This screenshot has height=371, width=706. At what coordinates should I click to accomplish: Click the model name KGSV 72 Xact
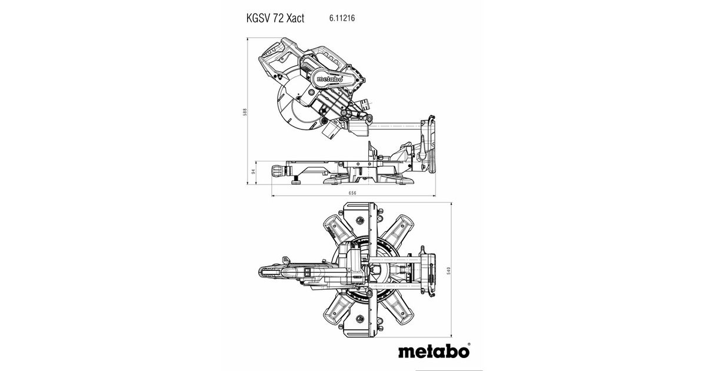[x=275, y=18]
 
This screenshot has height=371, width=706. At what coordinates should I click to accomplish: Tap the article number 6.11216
[x=342, y=18]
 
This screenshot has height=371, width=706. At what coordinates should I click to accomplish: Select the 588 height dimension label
[x=245, y=112]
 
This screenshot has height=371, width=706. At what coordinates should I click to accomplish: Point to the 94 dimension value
[x=253, y=171]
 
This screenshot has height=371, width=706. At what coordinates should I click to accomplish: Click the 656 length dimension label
[x=352, y=193]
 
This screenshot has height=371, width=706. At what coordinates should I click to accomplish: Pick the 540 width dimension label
[x=448, y=271]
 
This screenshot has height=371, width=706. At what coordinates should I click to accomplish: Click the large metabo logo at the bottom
[x=434, y=352]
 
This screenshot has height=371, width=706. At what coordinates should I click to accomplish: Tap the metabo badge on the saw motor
[x=329, y=79]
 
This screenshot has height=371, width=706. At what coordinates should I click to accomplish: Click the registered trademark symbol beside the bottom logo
[x=469, y=344]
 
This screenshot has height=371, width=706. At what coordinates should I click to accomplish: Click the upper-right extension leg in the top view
[x=398, y=230]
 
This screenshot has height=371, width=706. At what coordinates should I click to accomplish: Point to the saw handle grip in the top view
[x=271, y=272]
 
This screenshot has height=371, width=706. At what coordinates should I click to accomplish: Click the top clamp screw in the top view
[x=359, y=220]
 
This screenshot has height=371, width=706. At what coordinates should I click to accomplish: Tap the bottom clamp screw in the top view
[x=359, y=319]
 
